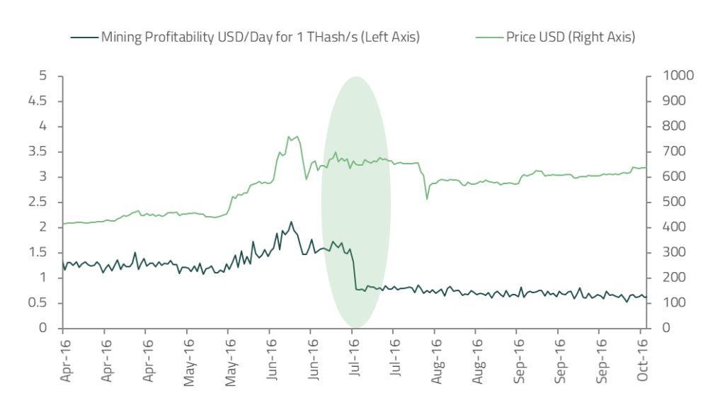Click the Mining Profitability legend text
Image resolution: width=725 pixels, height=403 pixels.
pos(261,37)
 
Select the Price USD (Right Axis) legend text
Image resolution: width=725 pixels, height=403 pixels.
pos(571,37)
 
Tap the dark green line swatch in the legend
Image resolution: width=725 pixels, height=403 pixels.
pos(83,37)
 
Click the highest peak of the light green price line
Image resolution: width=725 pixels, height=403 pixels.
pos(289,136)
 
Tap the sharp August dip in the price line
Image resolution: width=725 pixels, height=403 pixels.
pos(427,198)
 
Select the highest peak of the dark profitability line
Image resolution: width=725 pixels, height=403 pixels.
pos(290,222)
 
